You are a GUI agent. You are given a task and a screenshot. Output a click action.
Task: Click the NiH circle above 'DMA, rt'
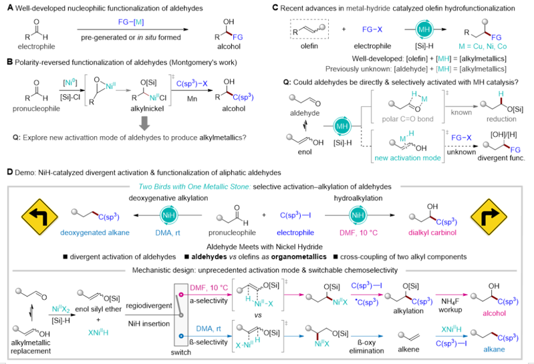[170, 214]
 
